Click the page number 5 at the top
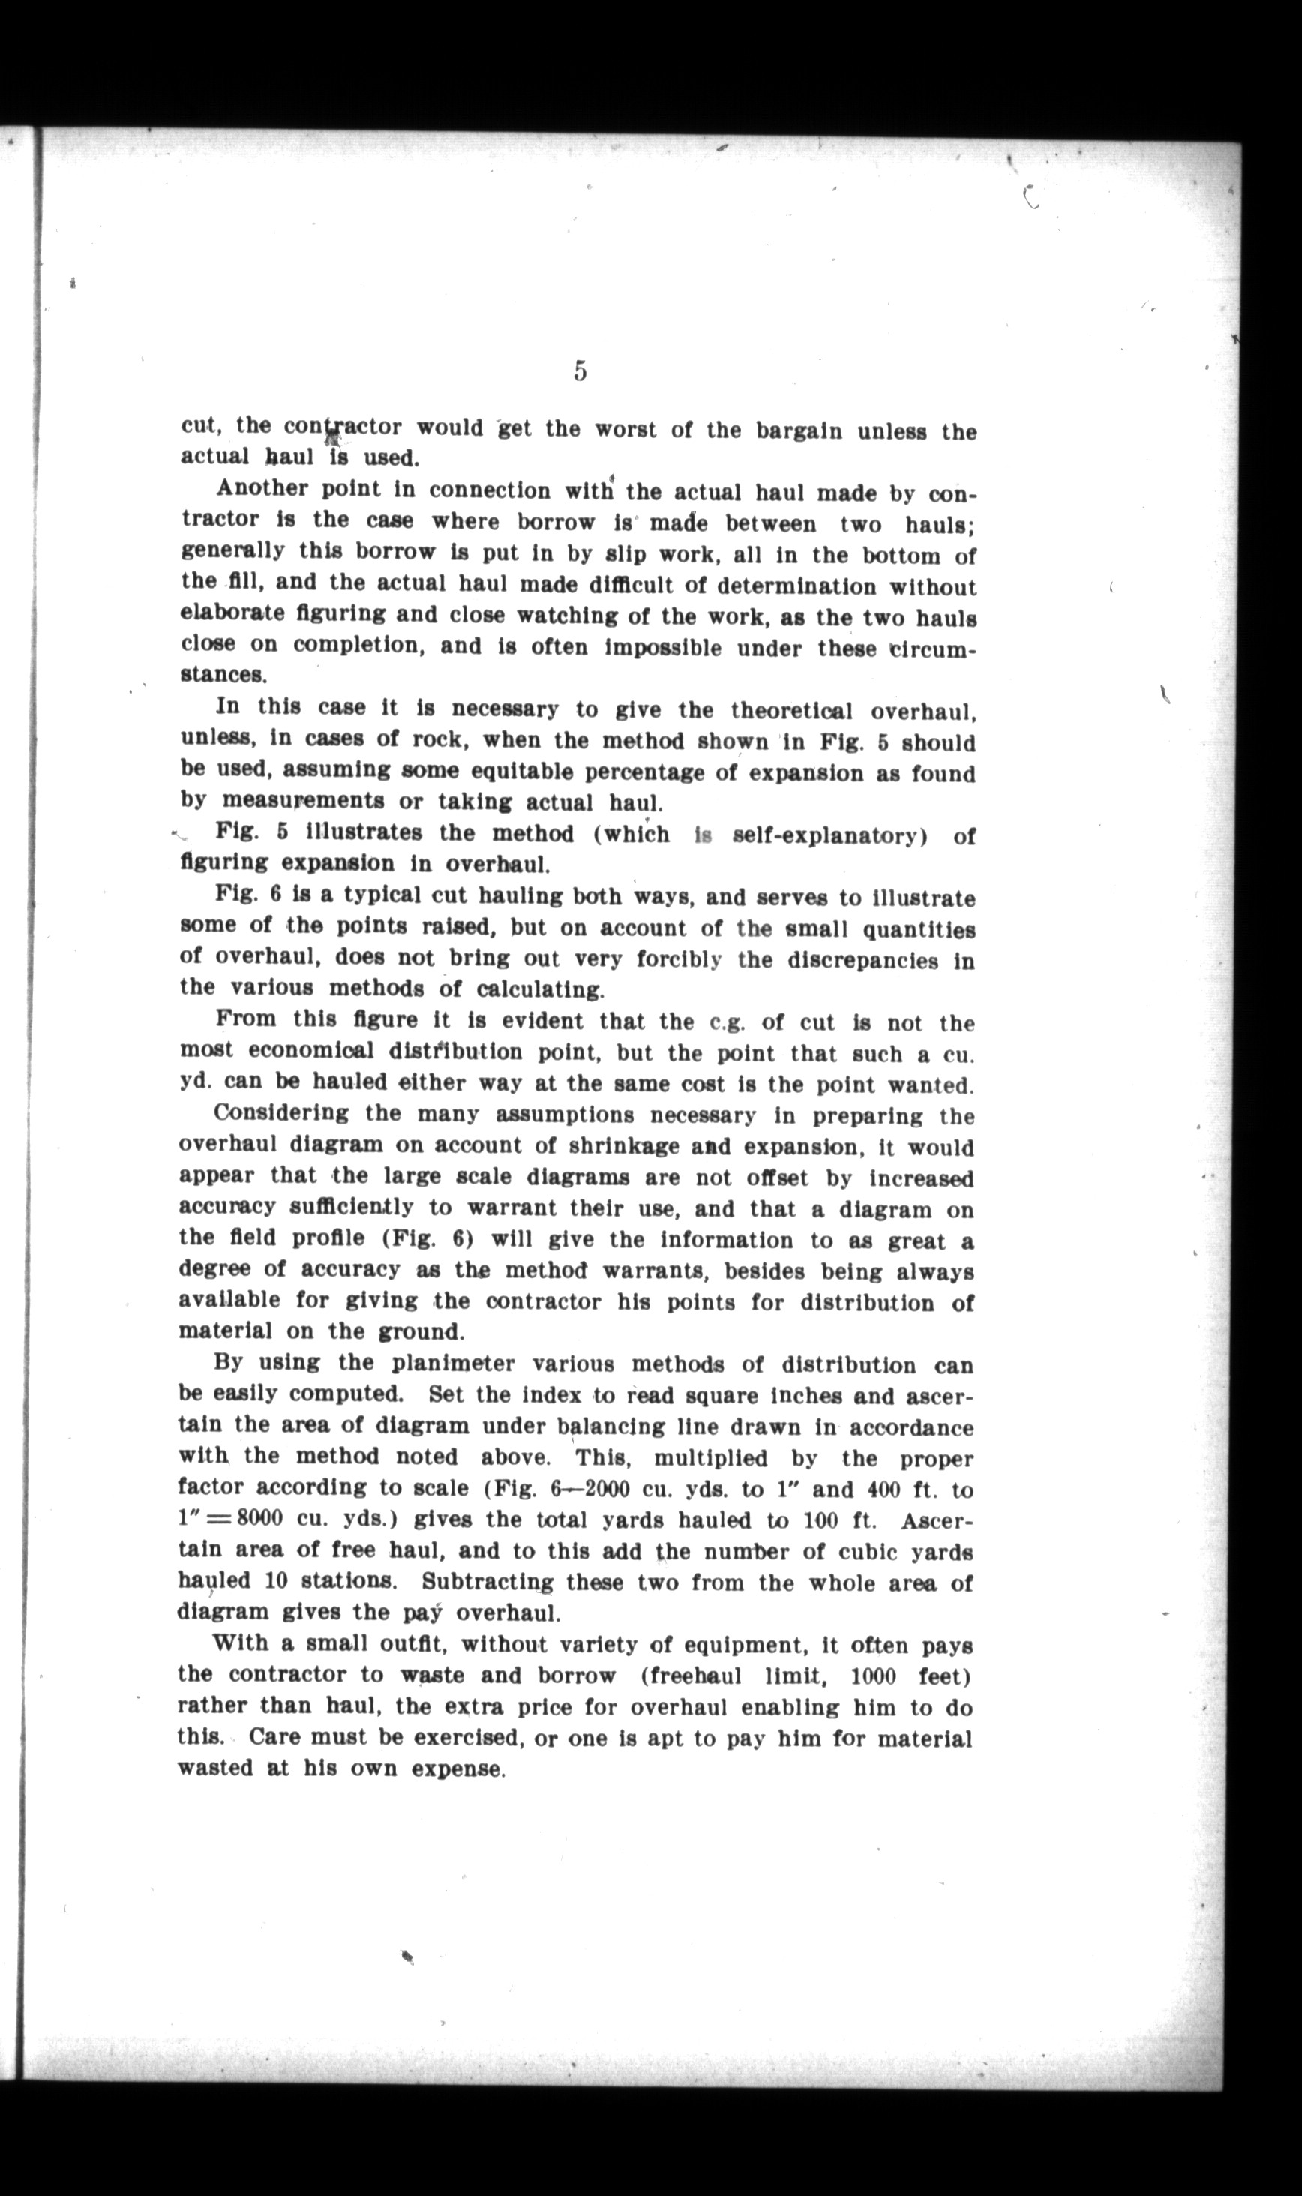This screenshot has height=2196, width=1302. (580, 371)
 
